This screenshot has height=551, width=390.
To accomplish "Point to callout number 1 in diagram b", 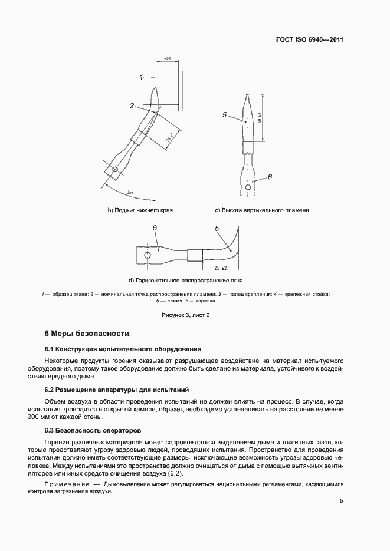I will tap(142, 77).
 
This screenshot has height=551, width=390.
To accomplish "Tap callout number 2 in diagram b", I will tap(133, 106).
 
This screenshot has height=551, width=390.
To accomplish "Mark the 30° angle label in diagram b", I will tap(130, 193).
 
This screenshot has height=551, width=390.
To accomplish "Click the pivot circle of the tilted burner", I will tap(115, 170).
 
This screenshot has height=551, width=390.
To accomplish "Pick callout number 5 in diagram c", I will tap(225, 116).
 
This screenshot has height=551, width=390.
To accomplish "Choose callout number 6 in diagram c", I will tap(270, 176).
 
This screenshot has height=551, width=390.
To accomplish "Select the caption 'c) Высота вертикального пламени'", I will tap(262, 210).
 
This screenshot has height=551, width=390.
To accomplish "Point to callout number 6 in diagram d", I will tap(154, 227).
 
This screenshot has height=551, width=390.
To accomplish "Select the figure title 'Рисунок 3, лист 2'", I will tap(186, 315).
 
